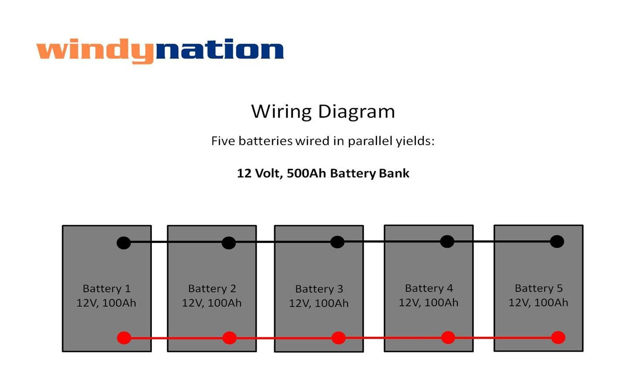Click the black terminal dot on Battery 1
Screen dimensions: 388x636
[124, 243]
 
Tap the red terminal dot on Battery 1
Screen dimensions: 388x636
[124, 338]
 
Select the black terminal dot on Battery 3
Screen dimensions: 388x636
[337, 242]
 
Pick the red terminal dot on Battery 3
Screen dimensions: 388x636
[339, 338]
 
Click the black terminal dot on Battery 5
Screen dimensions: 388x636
[557, 242]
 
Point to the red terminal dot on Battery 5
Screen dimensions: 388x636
[558, 337]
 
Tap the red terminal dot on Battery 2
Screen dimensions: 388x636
[230, 338]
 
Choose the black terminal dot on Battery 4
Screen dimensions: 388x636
[447, 241]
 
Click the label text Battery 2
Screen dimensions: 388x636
[212, 288]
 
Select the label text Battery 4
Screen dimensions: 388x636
[429, 288]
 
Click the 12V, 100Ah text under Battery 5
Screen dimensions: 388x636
[538, 302]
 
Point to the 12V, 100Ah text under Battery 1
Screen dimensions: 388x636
[106, 303]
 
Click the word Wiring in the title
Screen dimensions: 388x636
[281, 111]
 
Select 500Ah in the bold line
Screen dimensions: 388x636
[306, 173]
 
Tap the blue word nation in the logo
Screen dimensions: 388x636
[220, 50]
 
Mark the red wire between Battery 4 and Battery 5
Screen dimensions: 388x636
[483, 338]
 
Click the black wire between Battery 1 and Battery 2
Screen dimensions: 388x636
[159, 242]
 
